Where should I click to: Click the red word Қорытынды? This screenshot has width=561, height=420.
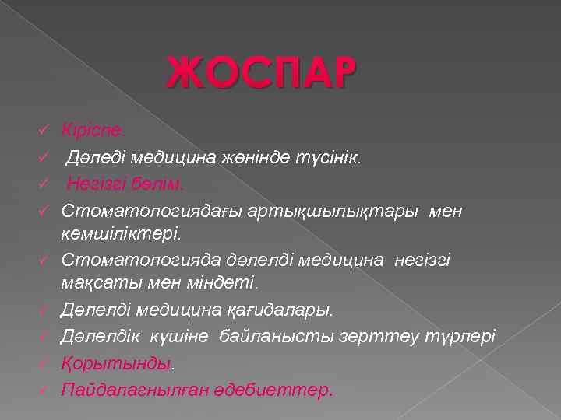point(115,363)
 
